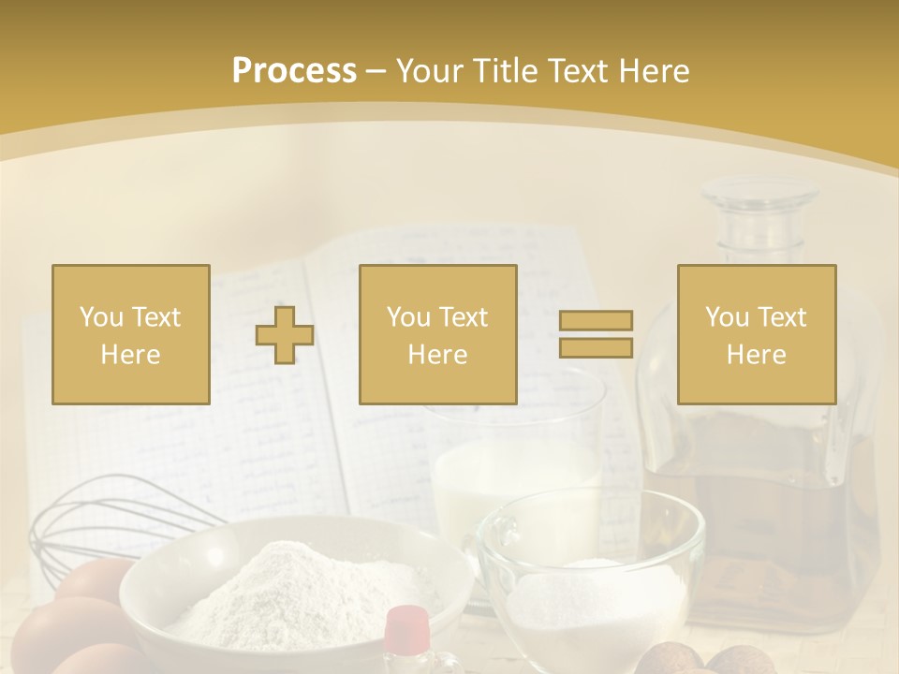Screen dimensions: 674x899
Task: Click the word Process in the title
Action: pyautogui.click(x=294, y=71)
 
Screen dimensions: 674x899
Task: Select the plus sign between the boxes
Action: pyautogui.click(x=285, y=335)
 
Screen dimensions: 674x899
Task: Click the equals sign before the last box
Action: pyautogui.click(x=596, y=334)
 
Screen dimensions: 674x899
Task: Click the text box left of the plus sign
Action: pyautogui.click(x=131, y=334)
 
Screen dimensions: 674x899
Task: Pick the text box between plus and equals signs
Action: pyautogui.click(x=437, y=334)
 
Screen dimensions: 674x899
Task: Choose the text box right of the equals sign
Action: pyautogui.click(x=756, y=334)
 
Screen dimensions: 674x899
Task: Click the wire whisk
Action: pyautogui.click(x=103, y=524)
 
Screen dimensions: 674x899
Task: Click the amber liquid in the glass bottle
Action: pyautogui.click(x=759, y=487)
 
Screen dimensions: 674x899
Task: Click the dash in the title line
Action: pyautogui.click(x=376, y=72)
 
